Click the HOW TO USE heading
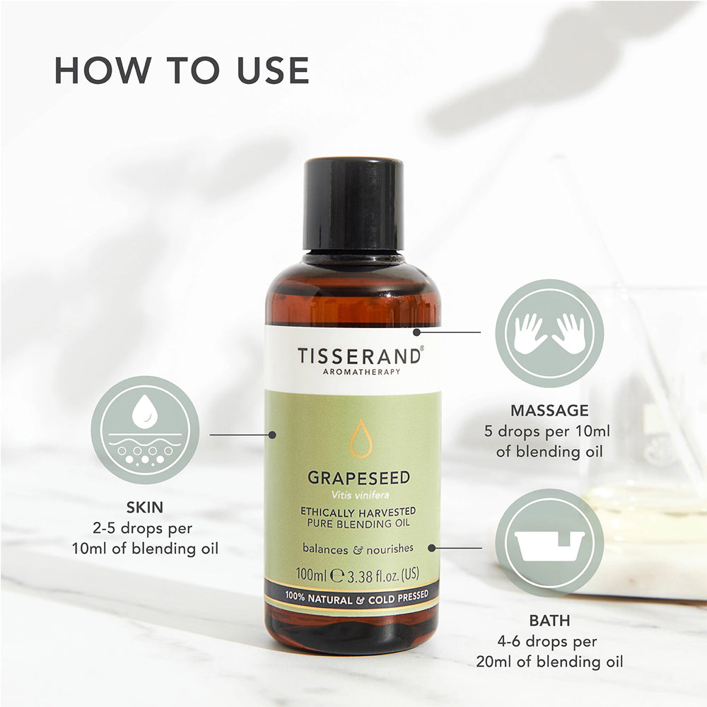(x=182, y=70)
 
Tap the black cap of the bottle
(x=353, y=204)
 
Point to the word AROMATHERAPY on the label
(x=361, y=372)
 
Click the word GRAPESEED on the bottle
(x=359, y=477)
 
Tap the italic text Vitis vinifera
(x=360, y=495)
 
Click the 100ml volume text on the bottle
(x=311, y=575)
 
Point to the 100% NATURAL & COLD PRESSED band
(x=356, y=598)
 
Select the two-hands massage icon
(x=549, y=333)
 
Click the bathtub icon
(x=549, y=543)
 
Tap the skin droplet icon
(x=145, y=430)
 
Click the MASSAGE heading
(x=549, y=410)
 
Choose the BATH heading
(x=549, y=621)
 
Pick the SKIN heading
(x=145, y=507)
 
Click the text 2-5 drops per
(x=143, y=528)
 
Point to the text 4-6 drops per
(x=547, y=641)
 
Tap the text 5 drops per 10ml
(x=547, y=431)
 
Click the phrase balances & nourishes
(x=358, y=549)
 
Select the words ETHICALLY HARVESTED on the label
(x=358, y=512)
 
